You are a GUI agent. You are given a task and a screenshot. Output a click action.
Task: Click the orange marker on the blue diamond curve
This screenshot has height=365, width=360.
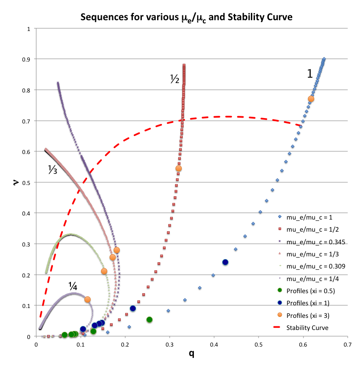311,99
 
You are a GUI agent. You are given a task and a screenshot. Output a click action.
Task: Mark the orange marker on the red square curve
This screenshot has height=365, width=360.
179,168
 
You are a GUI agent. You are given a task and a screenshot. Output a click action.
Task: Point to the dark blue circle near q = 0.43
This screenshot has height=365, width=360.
225,262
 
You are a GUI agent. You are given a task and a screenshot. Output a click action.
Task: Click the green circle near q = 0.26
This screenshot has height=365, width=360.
149,320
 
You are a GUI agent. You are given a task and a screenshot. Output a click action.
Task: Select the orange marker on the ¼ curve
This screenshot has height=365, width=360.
88,299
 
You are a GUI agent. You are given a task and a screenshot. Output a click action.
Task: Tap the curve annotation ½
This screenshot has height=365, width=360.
175,80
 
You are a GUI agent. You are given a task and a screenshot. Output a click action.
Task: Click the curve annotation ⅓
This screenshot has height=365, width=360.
53,169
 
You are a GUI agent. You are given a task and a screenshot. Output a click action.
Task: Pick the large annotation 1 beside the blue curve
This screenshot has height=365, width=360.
310,75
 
